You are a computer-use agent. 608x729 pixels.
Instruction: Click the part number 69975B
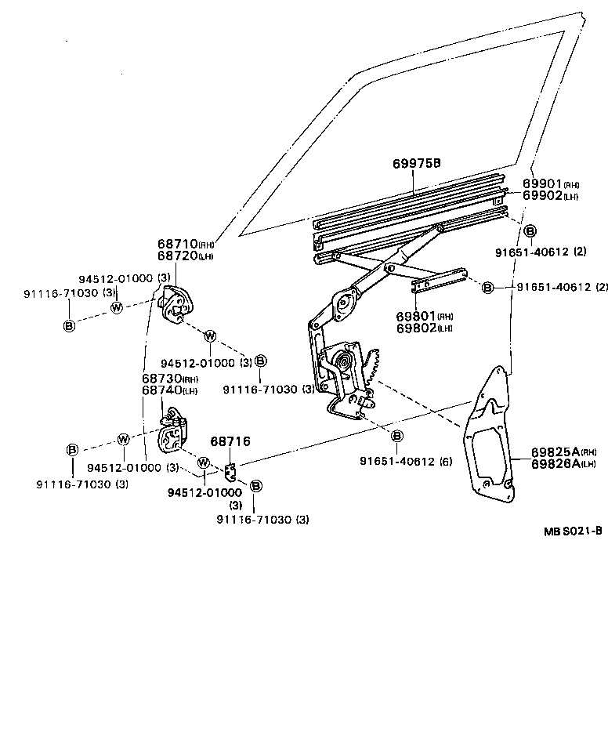[416, 164]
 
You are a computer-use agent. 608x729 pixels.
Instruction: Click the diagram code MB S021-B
[573, 531]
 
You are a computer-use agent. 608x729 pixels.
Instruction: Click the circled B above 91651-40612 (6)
[396, 436]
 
